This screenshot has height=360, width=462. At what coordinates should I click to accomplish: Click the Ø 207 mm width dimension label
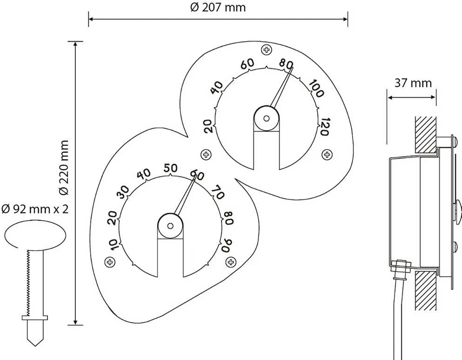click(218, 7)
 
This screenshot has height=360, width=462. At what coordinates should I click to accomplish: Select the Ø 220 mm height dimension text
click(64, 168)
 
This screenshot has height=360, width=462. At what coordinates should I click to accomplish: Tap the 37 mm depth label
click(413, 83)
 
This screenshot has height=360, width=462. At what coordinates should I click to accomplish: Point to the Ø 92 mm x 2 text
click(35, 209)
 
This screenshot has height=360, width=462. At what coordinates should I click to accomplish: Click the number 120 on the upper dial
click(324, 127)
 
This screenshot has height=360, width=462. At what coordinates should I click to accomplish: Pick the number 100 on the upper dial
click(316, 88)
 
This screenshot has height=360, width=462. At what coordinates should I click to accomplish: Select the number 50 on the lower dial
click(171, 168)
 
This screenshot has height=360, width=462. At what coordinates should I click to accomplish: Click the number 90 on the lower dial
click(227, 245)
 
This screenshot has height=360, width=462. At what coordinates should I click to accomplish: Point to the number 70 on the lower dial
click(218, 192)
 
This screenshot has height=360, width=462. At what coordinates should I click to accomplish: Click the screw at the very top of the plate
click(267, 50)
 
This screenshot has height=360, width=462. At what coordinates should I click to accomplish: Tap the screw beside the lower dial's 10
click(110, 262)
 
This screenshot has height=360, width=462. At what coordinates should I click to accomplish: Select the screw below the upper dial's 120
click(327, 154)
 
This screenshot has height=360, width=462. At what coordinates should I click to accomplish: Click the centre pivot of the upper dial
click(266, 119)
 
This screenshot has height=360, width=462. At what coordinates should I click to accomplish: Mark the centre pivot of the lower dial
click(170, 226)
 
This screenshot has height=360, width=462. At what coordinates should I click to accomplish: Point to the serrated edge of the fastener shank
click(28, 282)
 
